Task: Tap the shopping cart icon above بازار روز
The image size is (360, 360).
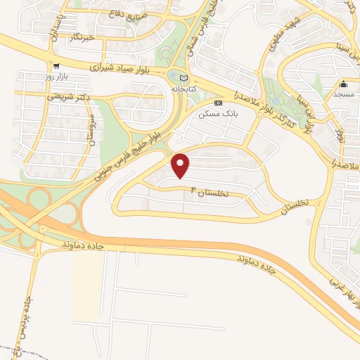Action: (x=55, y=65)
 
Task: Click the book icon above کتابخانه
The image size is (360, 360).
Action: (x=184, y=78)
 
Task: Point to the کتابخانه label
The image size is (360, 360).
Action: (x=184, y=89)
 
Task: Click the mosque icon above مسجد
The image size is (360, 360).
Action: (x=343, y=84)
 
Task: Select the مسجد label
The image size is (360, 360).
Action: (x=345, y=94)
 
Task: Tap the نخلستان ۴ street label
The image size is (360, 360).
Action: (x=211, y=191)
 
